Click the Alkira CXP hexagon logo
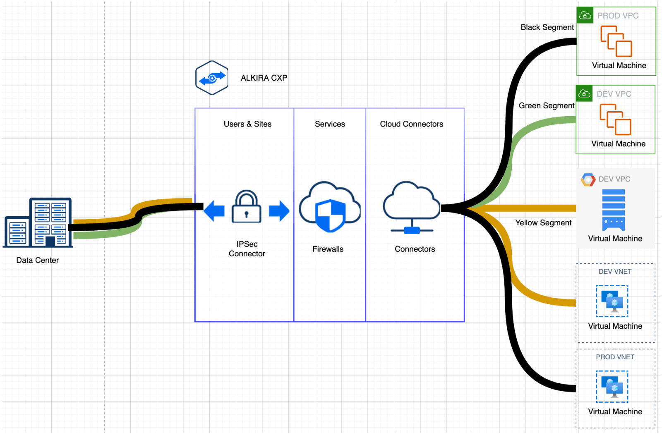pos(212,78)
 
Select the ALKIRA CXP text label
pos(264,78)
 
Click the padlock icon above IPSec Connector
pos(247,207)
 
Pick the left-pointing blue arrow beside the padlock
pos(214,211)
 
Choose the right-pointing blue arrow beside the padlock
pos(279,211)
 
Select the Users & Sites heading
pos(247,124)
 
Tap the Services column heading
pos(330,124)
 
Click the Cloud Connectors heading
pos(411,124)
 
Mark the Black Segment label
pos(547,27)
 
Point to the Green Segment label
pos(547,106)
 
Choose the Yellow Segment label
pos(543,223)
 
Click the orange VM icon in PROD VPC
pos(616,41)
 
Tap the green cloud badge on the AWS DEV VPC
pos(584,93)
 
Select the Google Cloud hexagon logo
pos(588,179)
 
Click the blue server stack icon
pos(613,210)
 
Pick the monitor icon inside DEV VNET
pos(612,301)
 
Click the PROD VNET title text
pos(615,357)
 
